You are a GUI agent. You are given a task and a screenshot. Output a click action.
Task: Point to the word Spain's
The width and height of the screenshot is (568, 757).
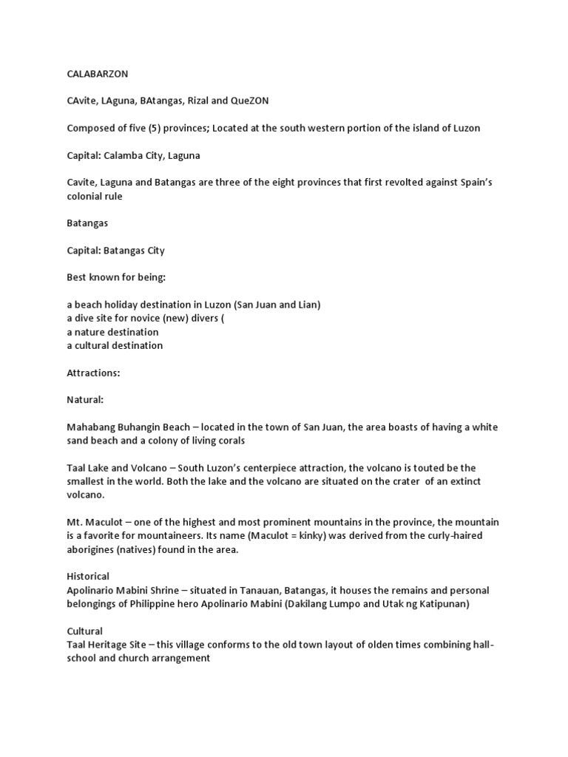467,183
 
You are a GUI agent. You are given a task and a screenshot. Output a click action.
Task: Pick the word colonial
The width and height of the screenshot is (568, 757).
85,196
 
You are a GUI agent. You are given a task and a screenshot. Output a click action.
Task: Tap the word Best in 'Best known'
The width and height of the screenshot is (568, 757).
78,277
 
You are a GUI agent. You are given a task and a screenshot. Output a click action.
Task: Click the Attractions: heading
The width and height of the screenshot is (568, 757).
93,373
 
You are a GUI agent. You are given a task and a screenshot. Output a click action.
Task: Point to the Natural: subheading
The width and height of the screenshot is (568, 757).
85,400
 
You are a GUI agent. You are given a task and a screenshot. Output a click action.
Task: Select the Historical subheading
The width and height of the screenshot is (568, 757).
88,576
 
